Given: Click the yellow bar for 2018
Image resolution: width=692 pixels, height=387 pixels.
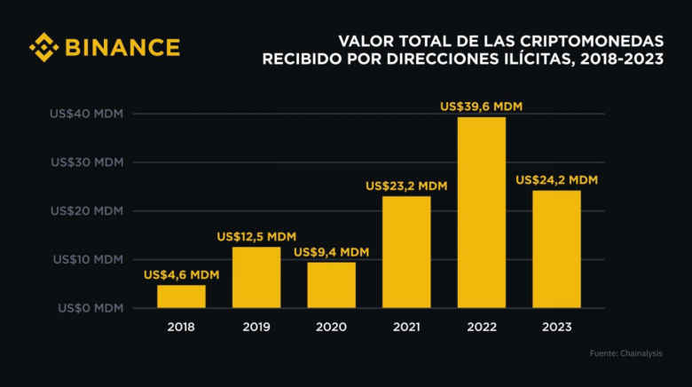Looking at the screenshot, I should tap(181, 296).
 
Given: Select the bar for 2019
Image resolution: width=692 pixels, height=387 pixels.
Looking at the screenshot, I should tap(256, 278).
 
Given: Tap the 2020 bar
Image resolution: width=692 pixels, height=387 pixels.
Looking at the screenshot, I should tap(331, 285).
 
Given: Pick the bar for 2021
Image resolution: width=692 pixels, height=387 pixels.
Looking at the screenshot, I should tap(406, 252).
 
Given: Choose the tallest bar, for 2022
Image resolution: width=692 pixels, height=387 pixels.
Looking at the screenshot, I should tap(481, 213).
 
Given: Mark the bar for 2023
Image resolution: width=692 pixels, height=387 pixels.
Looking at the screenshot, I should tap(556, 249).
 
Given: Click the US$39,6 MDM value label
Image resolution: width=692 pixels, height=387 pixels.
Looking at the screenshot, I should tap(481, 107).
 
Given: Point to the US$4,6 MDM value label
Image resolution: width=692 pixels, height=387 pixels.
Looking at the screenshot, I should tap(181, 275).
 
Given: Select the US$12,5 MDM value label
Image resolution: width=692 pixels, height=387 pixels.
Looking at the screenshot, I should tap(256, 237).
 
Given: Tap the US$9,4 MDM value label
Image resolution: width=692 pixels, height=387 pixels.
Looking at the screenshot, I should tap(331, 252).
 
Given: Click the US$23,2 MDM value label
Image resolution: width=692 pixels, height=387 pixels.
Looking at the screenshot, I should tap(406, 186).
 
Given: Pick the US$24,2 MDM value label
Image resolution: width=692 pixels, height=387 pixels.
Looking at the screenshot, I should tap(556, 180).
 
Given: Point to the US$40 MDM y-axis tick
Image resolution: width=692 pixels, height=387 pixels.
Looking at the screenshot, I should tap(86, 115).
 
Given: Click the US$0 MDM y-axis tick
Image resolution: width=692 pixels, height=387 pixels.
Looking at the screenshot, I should tap(89, 308).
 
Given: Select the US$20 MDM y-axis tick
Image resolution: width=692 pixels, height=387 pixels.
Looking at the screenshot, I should tap(86, 211).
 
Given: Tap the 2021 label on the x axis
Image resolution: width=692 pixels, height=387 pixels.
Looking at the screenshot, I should tap(406, 327).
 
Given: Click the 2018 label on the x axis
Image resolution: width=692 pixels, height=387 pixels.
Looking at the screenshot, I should tap(181, 327).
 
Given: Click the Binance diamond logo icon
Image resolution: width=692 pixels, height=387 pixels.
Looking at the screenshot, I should tap(43, 47).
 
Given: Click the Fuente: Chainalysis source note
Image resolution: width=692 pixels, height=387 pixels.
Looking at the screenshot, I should tap(625, 354).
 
